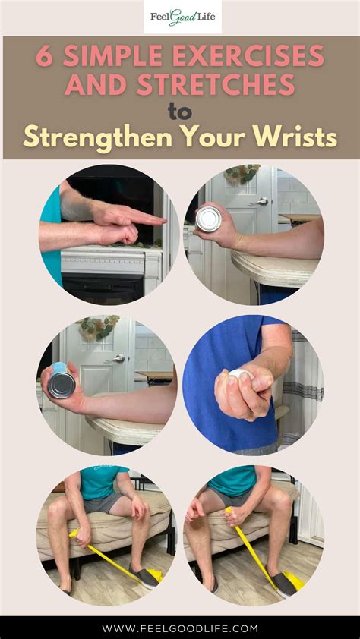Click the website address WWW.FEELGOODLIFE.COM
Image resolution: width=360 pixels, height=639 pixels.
180,628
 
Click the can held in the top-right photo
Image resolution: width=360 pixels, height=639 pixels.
207,219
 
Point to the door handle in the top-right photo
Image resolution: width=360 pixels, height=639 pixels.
261,202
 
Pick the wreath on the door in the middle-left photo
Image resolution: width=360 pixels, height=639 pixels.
96,327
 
